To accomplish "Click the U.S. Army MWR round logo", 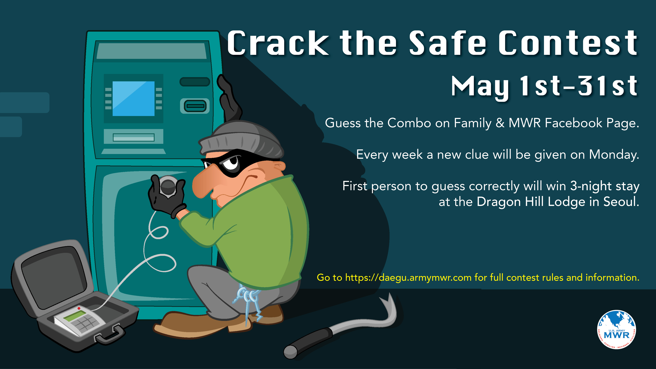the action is [617, 330].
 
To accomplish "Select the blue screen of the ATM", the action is [133, 99].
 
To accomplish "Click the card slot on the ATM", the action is [195, 106].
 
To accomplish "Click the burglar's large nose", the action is [204, 182].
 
